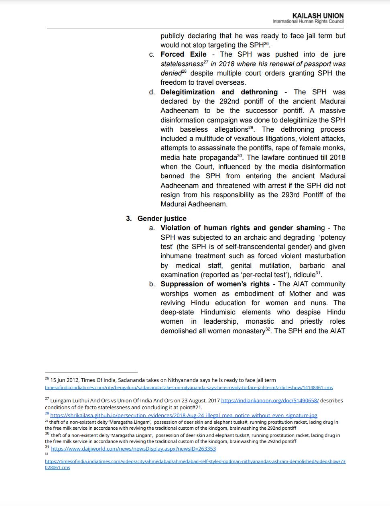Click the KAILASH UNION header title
point(318,16)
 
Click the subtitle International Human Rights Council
point(308,21)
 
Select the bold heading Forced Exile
point(183,54)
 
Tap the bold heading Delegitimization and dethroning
point(219,92)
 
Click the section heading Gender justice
point(162,218)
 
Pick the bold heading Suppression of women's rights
point(215,284)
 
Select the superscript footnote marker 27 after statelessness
point(206,62)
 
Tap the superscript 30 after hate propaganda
point(240,155)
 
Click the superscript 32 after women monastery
point(268,329)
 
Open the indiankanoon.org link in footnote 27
point(270,400)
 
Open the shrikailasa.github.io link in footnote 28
point(183,415)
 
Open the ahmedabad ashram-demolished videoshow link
point(195,461)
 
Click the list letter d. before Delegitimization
point(152,92)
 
